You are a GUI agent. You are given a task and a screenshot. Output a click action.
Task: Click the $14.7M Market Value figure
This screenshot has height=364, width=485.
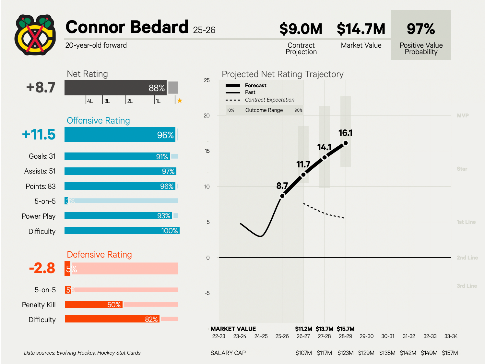tap(361, 29)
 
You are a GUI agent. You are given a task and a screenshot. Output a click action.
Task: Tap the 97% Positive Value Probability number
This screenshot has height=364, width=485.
tap(421, 29)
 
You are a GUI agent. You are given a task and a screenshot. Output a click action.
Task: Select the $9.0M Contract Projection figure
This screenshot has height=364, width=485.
tap(301, 29)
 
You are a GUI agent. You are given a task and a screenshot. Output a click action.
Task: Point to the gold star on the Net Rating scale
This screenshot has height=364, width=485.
tap(180, 101)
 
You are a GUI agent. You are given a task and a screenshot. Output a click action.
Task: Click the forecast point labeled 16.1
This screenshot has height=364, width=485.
tap(346, 143)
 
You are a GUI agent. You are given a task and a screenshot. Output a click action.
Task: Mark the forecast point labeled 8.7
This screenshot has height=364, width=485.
tap(282, 196)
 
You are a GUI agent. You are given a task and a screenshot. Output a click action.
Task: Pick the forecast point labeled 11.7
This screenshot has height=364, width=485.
tap(303, 175)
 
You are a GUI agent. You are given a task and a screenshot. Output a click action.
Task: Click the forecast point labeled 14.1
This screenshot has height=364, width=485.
tap(325, 158)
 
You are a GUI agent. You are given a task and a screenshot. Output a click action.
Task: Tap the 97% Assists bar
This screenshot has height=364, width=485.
tap(120, 171)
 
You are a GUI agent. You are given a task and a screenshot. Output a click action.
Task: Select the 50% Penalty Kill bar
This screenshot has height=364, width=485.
tap(93, 305)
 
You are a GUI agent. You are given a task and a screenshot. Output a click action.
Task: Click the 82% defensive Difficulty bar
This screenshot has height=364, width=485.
tap(112, 319)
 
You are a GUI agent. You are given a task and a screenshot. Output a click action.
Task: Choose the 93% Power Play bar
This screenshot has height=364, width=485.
tap(118, 216)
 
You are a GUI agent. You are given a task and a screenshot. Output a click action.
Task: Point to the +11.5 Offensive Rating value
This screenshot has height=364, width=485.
tap(39, 135)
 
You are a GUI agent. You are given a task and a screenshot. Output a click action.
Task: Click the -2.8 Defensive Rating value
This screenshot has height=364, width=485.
tap(42, 268)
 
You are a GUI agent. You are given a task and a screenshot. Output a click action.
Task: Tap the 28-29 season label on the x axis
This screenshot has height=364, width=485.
tap(345, 336)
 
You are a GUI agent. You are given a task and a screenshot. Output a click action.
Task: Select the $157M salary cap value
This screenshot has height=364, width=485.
tap(450, 353)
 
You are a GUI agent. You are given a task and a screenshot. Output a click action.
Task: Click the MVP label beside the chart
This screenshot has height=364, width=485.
tap(463, 116)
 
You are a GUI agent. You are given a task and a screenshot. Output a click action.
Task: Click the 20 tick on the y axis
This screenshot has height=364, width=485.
tap(207, 116)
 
